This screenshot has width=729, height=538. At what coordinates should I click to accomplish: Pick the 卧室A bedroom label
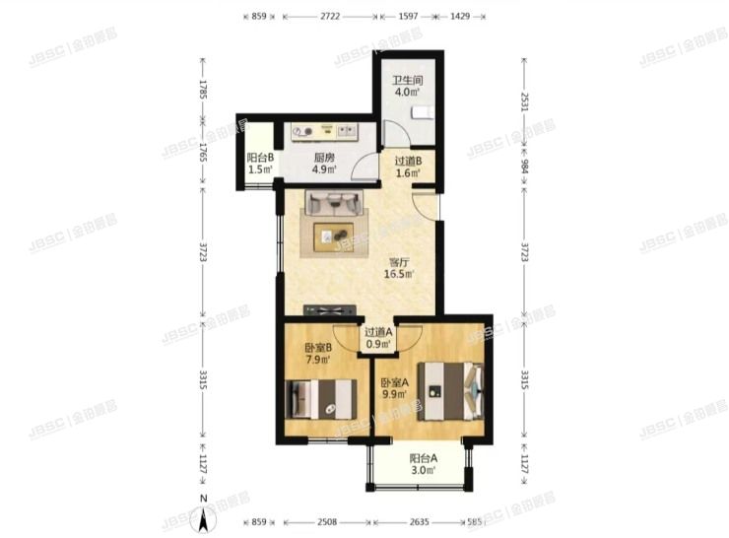(394, 388)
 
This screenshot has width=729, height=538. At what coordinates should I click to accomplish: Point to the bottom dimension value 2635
(420, 522)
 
